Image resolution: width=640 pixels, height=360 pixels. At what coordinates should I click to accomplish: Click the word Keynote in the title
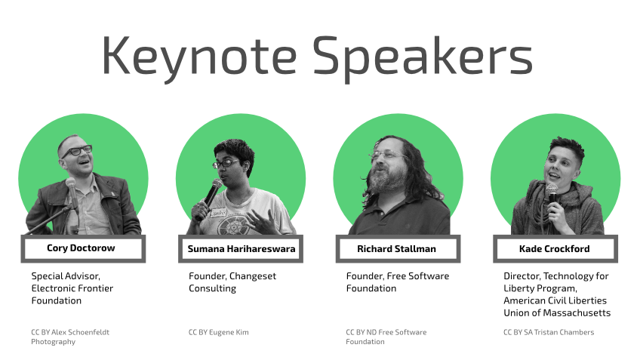coord(199,57)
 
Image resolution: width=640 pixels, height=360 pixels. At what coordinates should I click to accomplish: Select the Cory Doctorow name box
coord(83,248)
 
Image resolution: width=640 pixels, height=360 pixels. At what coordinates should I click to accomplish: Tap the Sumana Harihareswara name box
coord(241,248)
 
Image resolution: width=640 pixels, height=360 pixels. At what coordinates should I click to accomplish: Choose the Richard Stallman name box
coord(398,248)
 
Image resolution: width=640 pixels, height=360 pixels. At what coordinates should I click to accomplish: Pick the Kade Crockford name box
coord(555,248)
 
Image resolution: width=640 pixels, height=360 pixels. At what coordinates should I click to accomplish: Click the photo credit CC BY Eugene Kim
coord(218,332)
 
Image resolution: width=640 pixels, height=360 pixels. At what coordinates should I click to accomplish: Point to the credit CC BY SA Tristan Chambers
coord(549,332)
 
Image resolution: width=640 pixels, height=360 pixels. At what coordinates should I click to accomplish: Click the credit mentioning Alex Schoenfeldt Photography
coord(70,337)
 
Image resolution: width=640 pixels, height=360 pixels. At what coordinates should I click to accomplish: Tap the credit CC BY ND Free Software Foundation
coord(386,337)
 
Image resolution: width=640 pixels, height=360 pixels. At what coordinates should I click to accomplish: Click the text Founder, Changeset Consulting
coord(232,282)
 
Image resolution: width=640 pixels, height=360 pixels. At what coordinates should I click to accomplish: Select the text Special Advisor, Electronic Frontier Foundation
coord(72,288)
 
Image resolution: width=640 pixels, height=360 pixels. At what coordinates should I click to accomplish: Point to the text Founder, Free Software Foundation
coord(398,282)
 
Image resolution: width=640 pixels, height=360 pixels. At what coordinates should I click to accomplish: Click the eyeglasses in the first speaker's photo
coord(77,151)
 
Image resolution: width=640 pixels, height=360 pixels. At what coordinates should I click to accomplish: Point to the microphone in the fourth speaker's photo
coord(552,196)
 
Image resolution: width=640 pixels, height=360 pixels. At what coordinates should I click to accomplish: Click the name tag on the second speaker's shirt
coord(218,213)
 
